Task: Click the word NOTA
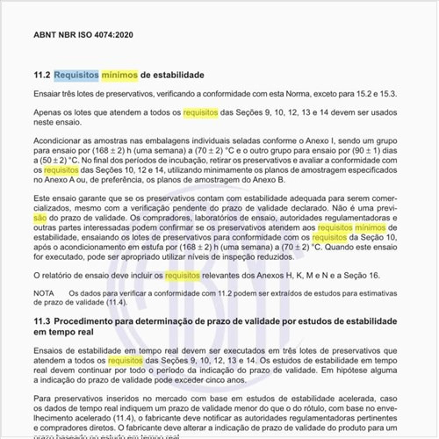click(x=44, y=291)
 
